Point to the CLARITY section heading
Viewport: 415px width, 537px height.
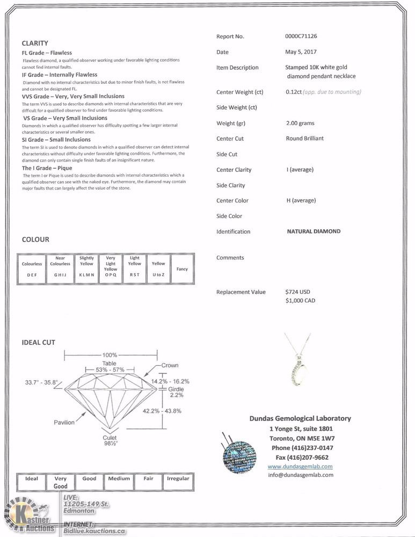pyautogui.click(x=35, y=43)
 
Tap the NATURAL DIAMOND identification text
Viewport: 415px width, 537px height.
pyautogui.click(x=314, y=231)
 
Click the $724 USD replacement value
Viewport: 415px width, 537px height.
pyautogui.click(x=298, y=292)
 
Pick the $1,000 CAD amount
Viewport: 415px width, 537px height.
pyautogui.click(x=301, y=301)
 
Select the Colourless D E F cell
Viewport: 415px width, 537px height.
pyautogui.click(x=32, y=268)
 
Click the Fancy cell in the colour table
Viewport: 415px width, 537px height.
pyautogui.click(x=182, y=268)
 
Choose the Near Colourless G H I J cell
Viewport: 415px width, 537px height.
pyautogui.click(x=60, y=268)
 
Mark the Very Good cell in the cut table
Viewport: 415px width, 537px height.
pyautogui.click(x=61, y=482)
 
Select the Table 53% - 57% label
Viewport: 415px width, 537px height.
pyautogui.click(x=110, y=367)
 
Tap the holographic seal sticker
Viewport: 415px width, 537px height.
pyautogui.click(x=239, y=457)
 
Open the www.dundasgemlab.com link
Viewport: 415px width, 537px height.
pyautogui.click(x=300, y=467)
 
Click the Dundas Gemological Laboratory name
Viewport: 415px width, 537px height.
pyautogui.click(x=300, y=419)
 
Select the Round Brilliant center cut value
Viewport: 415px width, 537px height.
pyautogui.click(x=305, y=139)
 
